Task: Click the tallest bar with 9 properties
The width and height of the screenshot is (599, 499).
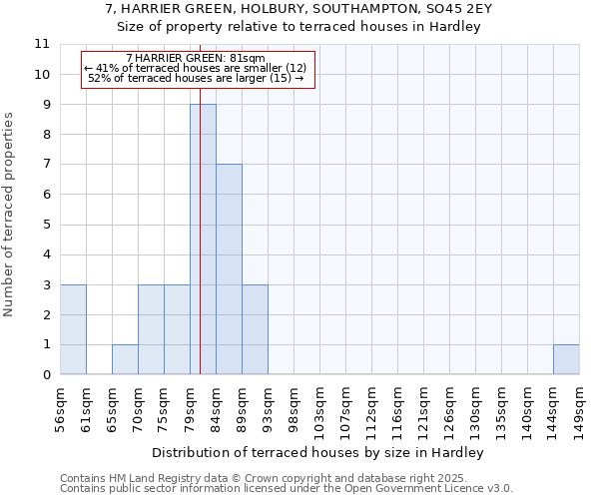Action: click(x=203, y=240)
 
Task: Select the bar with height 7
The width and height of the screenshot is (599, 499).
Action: click(x=229, y=269)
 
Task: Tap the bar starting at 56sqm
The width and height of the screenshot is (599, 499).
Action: click(x=73, y=329)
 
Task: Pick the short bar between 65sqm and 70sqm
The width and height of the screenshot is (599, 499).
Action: click(x=125, y=359)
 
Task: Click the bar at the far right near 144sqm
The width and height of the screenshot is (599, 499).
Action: click(x=566, y=359)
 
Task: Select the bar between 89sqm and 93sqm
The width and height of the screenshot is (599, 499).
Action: click(x=255, y=329)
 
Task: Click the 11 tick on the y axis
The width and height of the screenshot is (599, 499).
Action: click(x=42, y=44)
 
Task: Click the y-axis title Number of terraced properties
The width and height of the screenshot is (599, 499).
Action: click(x=10, y=215)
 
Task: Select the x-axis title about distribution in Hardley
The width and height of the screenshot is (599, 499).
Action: click(x=318, y=453)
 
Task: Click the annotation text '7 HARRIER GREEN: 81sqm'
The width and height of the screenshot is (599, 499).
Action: click(x=196, y=59)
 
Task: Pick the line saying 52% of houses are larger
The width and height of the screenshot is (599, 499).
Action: click(x=196, y=77)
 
